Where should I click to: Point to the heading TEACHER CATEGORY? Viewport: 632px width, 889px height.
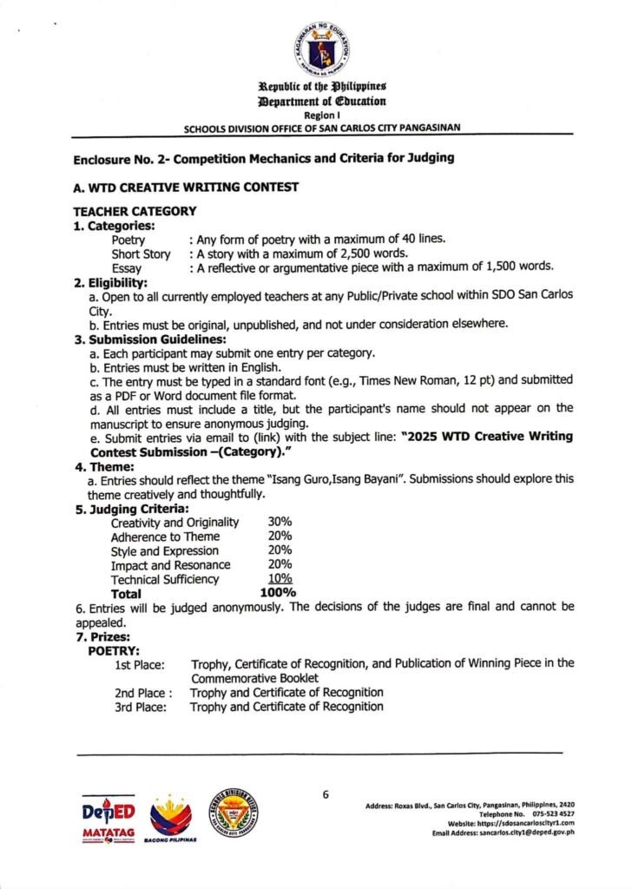[135, 210]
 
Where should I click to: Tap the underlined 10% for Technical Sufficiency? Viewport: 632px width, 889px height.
[280, 579]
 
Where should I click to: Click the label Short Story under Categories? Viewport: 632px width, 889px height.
[141, 254]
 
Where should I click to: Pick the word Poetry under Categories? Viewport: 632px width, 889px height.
[128, 240]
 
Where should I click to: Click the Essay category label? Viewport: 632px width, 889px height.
[127, 267]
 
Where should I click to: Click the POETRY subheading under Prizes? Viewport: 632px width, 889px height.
[114, 649]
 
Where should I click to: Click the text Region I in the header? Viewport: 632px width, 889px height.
[320, 115]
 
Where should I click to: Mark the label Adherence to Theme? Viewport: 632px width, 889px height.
[165, 537]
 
